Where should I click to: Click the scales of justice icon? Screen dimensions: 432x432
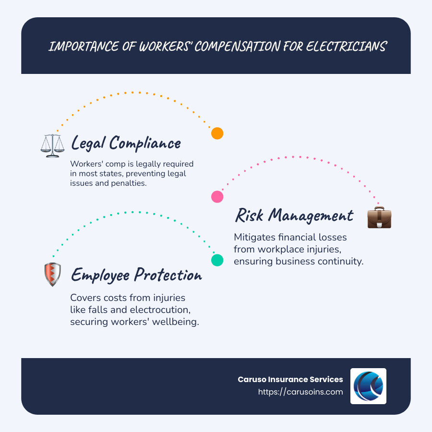pyautogui.click(x=52, y=145)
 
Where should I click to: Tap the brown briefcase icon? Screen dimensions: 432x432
pyautogui.click(x=379, y=217)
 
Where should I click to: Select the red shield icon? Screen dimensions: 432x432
pyautogui.click(x=52, y=275)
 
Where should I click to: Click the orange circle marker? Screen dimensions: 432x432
pyautogui.click(x=217, y=133)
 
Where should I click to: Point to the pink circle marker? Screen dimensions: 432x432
pyautogui.click(x=217, y=196)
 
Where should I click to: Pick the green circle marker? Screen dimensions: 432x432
pyautogui.click(x=217, y=260)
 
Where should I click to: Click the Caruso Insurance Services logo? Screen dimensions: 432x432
pyautogui.click(x=368, y=386)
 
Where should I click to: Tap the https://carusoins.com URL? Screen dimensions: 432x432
pyautogui.click(x=300, y=392)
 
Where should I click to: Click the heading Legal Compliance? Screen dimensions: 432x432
pyautogui.click(x=126, y=143)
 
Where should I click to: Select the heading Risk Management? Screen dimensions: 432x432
pyautogui.click(x=294, y=215)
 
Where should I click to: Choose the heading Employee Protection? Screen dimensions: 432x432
pyautogui.click(x=136, y=275)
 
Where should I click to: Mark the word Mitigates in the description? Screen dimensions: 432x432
pyautogui.click(x=254, y=238)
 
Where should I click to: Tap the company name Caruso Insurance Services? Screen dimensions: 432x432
pyautogui.click(x=290, y=379)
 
